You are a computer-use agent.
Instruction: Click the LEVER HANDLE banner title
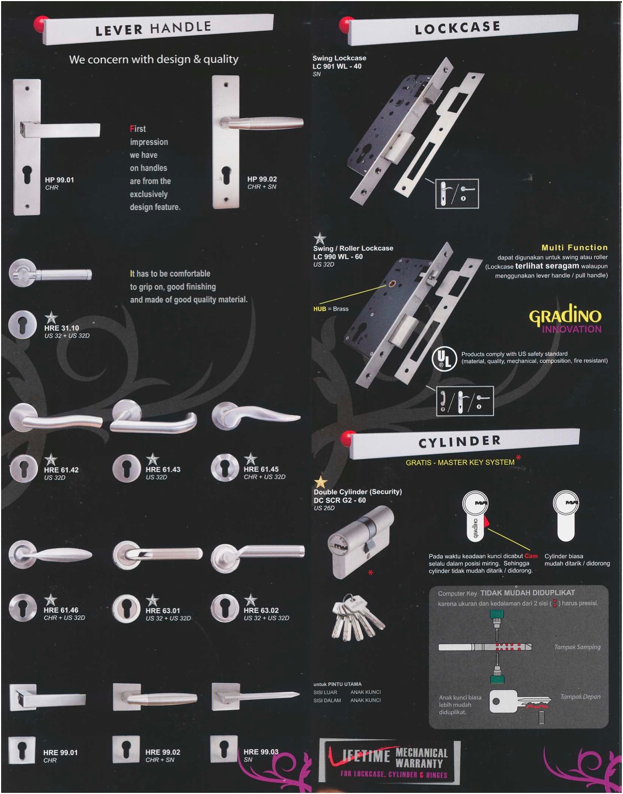click(153, 28)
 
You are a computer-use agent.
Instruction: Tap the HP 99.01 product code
click(59, 180)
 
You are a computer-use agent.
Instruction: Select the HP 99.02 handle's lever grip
click(264, 123)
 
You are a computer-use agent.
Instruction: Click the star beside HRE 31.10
click(51, 318)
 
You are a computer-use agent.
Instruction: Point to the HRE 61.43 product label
click(163, 470)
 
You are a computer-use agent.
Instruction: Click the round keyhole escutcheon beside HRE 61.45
click(225, 467)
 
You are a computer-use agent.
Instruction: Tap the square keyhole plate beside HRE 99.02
click(126, 749)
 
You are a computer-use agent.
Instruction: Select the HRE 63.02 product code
click(261, 610)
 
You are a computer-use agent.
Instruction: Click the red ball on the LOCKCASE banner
click(347, 25)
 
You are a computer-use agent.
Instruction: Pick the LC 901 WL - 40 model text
click(337, 66)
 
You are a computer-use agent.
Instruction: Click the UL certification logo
click(444, 358)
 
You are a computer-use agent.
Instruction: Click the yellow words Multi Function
click(575, 247)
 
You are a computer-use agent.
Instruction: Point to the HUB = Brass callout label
click(331, 308)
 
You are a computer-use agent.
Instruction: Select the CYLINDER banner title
click(460, 442)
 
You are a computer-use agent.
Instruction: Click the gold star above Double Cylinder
click(320, 483)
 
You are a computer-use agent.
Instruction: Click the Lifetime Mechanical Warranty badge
click(390, 762)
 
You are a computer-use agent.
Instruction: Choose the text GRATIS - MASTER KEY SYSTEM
click(460, 462)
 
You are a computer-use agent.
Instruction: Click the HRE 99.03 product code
click(261, 752)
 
